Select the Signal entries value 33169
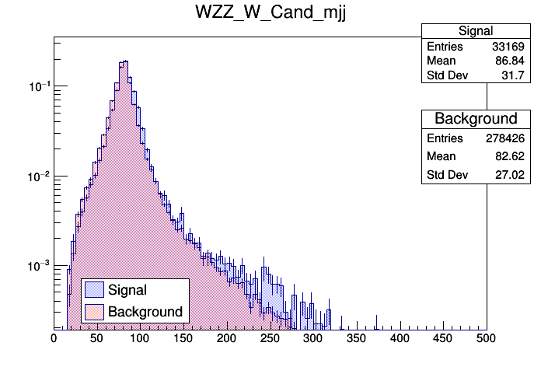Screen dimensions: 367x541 tap(510, 47)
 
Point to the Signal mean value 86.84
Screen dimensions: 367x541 tap(512, 61)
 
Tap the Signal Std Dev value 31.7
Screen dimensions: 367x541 tap(516, 76)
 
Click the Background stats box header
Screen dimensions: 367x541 tap(476, 119)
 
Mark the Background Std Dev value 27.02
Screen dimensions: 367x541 tap(512, 176)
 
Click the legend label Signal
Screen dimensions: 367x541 tap(127, 290)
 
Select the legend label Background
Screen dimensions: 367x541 tap(145, 312)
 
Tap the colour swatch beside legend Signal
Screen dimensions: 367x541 tap(94, 290)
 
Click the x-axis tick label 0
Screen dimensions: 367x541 tap(54, 338)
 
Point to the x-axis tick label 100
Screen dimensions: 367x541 tap(140, 338)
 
